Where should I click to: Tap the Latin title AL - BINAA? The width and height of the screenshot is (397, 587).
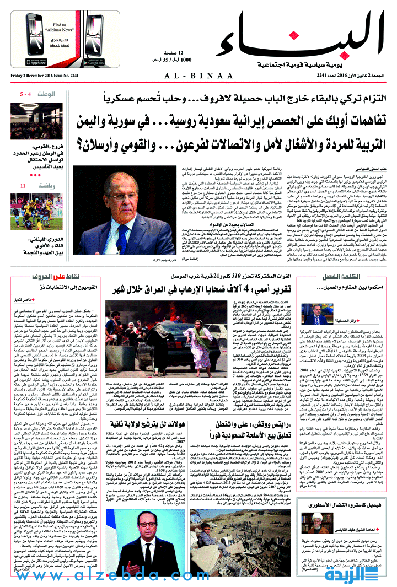click(x=199, y=76)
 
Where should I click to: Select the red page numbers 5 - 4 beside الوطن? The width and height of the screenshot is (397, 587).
click(x=25, y=95)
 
